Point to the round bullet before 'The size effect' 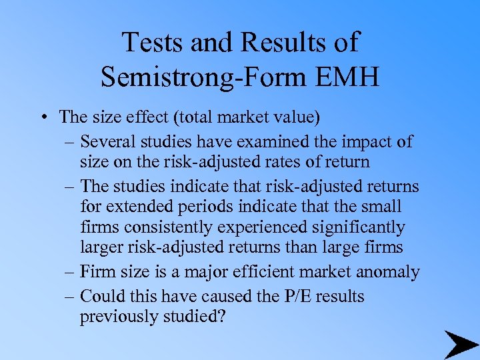[x=43, y=119]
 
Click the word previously [x=119, y=316]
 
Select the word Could [x=101, y=295]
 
